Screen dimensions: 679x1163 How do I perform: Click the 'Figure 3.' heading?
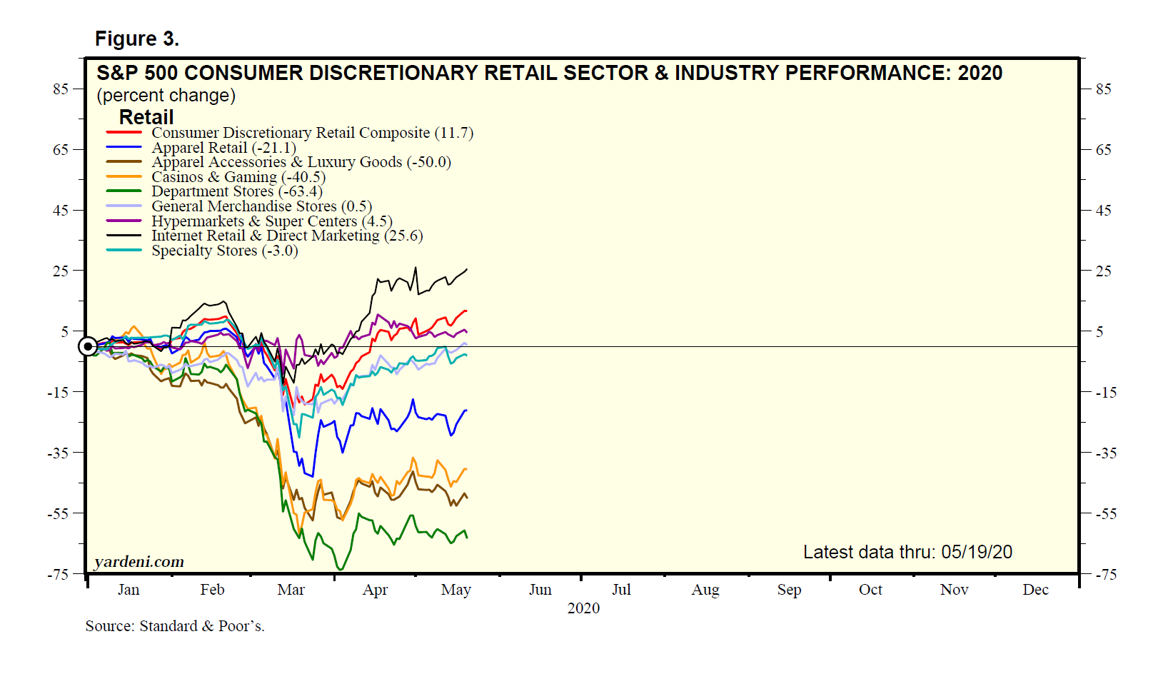pos(136,39)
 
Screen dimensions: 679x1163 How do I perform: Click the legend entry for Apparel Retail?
pos(223,148)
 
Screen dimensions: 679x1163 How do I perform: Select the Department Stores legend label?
pos(237,191)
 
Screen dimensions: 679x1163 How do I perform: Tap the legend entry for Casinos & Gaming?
pos(238,177)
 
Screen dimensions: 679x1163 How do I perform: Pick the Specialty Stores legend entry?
pos(224,251)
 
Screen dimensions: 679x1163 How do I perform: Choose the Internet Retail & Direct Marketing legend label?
pos(287,236)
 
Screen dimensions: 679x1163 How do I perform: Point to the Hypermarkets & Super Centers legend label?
pos(272,221)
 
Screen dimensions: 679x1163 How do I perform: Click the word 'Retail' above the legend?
pos(146,117)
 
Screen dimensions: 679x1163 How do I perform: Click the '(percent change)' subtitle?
pos(166,96)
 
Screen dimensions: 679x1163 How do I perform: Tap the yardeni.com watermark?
pos(139,562)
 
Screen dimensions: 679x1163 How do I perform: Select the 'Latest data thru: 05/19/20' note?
pos(907,552)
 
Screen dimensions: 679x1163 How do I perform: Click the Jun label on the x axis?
pos(540,590)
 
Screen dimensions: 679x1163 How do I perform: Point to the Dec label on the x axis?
pos(1035,590)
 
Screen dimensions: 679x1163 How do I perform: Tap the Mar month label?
pos(291,590)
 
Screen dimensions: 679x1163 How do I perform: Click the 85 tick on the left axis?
pos(60,89)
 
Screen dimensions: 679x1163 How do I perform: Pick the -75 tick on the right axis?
pos(1104,575)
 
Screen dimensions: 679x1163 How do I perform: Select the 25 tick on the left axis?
pos(60,271)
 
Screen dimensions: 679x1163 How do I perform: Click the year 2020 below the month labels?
pos(583,608)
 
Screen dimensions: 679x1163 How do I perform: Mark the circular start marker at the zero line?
pos(88,347)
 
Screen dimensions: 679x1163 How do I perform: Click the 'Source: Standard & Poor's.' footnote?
pos(175,626)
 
